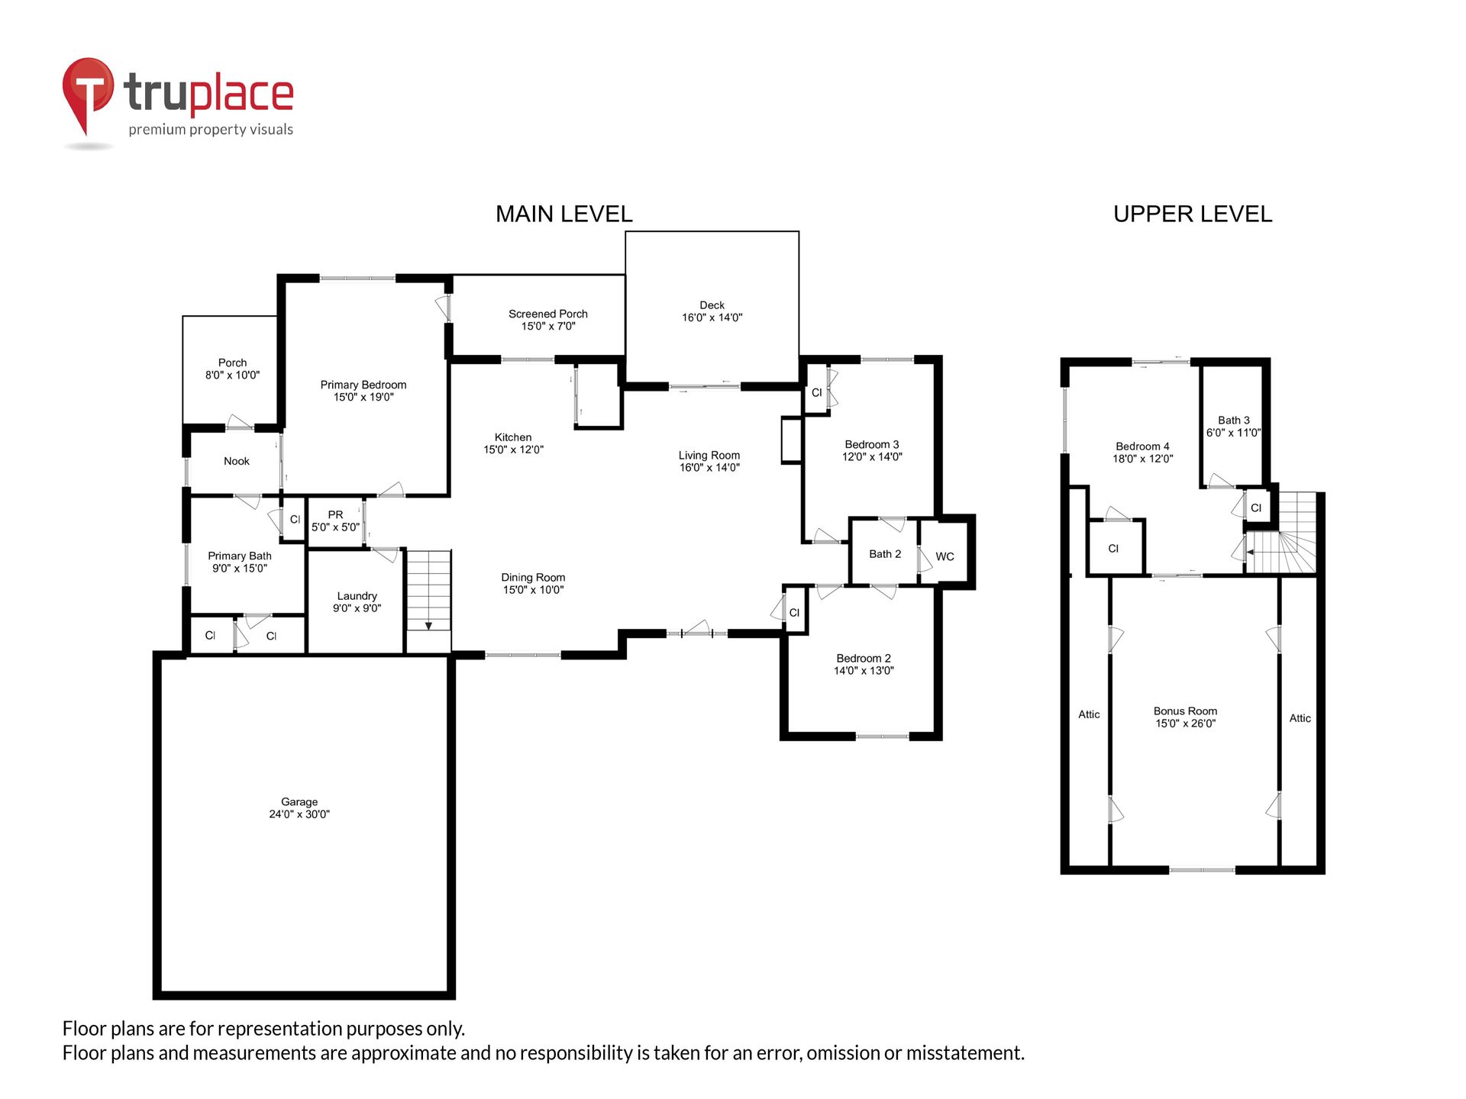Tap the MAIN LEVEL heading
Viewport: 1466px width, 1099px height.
click(x=564, y=214)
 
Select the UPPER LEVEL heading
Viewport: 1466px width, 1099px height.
click(x=1193, y=214)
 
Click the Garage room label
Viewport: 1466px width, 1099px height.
click(x=299, y=802)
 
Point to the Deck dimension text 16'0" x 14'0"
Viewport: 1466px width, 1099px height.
click(x=712, y=317)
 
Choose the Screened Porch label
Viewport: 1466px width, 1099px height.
click(x=548, y=314)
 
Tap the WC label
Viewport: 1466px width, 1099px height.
click(x=945, y=556)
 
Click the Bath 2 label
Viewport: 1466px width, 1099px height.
click(x=885, y=554)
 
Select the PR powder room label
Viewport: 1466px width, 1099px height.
click(x=335, y=515)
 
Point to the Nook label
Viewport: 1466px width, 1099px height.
click(x=237, y=461)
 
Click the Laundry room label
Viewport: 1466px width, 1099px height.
click(x=357, y=596)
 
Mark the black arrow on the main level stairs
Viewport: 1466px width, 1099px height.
click(x=428, y=626)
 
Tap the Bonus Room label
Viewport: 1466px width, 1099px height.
click(x=1185, y=711)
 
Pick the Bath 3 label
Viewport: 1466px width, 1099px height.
click(x=1234, y=421)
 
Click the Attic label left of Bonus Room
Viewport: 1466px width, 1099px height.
click(x=1089, y=714)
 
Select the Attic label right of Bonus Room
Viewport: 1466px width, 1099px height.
click(x=1300, y=718)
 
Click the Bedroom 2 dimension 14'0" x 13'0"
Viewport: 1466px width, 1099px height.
click(x=864, y=671)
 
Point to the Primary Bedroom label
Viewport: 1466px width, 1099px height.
click(x=363, y=385)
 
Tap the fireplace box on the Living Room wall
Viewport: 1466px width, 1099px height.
click(x=792, y=440)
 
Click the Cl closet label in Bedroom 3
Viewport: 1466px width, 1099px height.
click(x=816, y=393)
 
